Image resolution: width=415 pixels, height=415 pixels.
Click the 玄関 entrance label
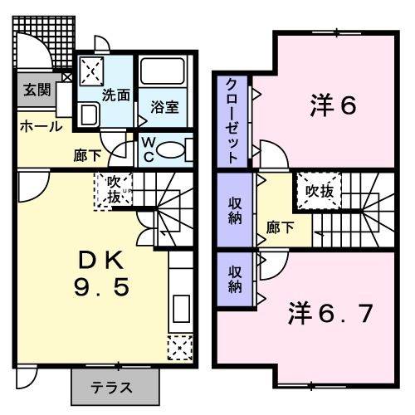(x=34, y=90)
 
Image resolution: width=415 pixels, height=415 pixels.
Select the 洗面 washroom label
(x=115, y=95)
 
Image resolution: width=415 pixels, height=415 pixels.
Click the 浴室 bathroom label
(x=164, y=106)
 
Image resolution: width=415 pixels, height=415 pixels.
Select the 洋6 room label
(x=333, y=105)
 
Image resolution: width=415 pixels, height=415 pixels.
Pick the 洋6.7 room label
(x=330, y=314)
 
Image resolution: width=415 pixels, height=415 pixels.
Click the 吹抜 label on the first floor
(x=113, y=190)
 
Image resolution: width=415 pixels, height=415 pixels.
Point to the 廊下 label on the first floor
(x=87, y=154)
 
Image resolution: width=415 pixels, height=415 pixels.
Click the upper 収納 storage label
(x=235, y=211)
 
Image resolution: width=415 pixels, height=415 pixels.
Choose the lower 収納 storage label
(x=235, y=281)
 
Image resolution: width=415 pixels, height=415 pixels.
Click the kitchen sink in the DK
(x=179, y=311)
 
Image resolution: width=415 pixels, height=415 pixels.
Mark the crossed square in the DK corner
(x=178, y=347)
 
